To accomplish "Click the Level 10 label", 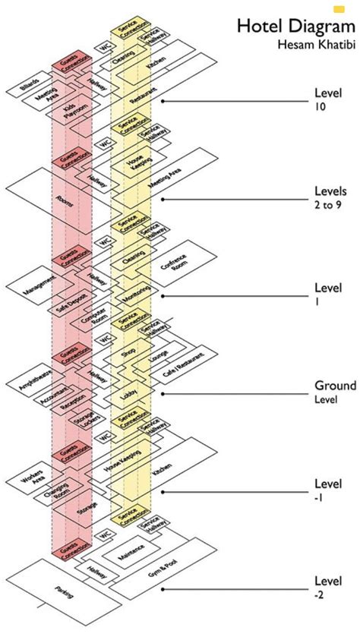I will (327, 99).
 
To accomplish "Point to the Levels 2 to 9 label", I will (331, 197).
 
